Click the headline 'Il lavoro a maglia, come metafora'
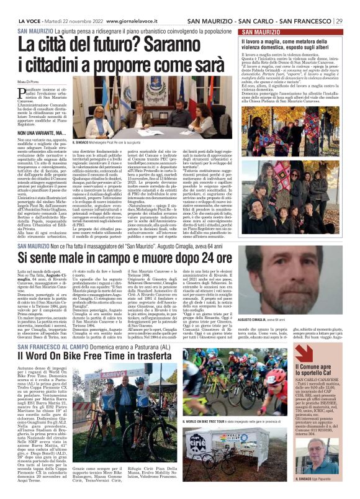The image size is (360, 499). [289, 41]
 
